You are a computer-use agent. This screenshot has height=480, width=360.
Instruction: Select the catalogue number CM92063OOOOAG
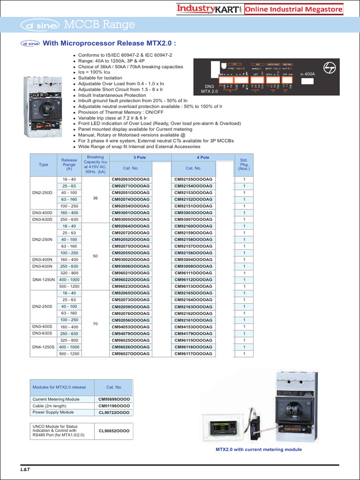coord(131,180)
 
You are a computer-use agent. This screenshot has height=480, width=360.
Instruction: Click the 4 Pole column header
coord(202,157)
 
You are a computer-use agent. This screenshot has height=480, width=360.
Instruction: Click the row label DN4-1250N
coord(43,279)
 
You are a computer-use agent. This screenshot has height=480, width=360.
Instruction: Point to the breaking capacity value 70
coord(95,323)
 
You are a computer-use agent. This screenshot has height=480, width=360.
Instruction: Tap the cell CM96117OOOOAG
coord(193,353)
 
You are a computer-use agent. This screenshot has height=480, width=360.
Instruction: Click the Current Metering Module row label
coord(56,399)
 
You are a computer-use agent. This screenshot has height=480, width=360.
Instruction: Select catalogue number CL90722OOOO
coord(114,412)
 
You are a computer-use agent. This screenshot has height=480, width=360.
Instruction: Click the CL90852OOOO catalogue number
coord(114,430)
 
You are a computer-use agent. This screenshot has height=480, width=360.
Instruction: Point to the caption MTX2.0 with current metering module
coord(259,450)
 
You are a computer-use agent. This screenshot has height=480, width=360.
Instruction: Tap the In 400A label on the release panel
coord(307,74)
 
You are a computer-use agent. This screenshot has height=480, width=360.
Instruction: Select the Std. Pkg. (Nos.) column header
coord(244,165)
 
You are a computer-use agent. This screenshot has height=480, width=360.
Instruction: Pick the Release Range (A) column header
coord(69,165)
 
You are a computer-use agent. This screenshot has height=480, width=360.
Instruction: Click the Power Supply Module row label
coord(53,412)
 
